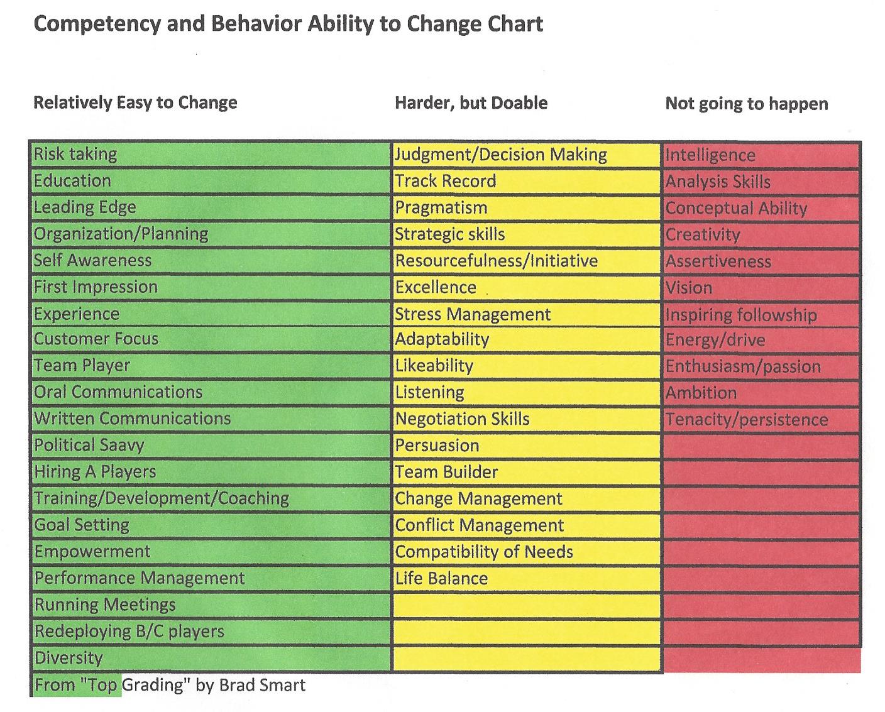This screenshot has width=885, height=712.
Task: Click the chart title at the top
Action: (288, 24)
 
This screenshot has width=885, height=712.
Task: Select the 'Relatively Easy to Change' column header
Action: (135, 102)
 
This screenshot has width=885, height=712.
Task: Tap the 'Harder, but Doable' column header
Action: (471, 103)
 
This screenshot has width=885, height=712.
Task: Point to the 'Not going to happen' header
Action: (746, 104)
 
